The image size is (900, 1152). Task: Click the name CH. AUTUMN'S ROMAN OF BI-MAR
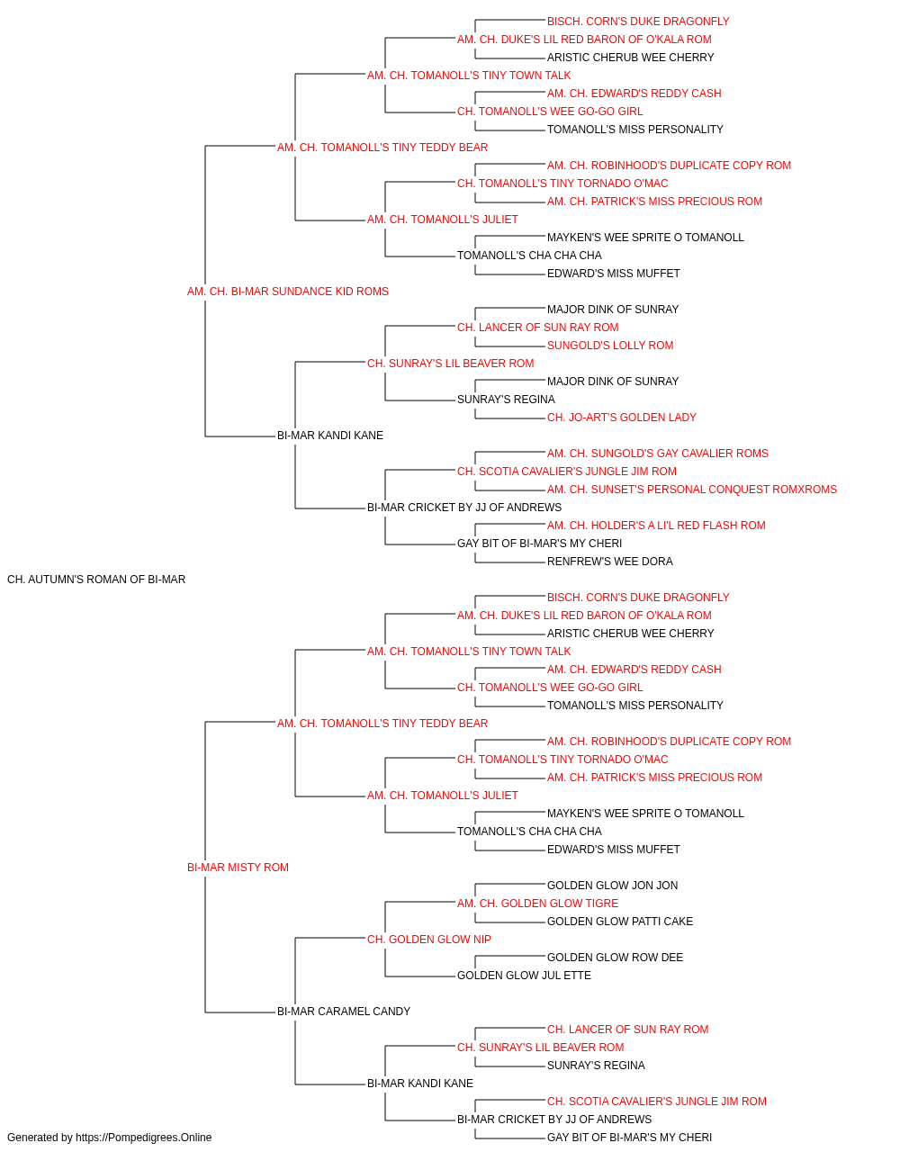[96, 580]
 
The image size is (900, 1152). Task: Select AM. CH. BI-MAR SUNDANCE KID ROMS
[288, 292]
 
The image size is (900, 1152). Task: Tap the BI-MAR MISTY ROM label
[238, 868]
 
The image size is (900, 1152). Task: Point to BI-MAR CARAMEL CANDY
[344, 1012]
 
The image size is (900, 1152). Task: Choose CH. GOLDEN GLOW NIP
[429, 940]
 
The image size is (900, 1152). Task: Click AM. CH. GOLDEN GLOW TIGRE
[537, 904]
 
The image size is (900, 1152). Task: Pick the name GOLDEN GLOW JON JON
[612, 886]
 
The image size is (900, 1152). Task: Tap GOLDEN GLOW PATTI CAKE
[619, 922]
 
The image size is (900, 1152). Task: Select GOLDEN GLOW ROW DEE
[615, 958]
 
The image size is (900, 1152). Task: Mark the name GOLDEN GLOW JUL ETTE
[524, 976]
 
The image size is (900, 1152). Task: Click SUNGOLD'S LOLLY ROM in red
[610, 346]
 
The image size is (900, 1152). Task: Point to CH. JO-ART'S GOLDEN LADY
[622, 418]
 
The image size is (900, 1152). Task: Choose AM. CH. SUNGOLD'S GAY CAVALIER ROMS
[658, 454]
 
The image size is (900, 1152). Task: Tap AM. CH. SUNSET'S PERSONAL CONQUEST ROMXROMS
[692, 490]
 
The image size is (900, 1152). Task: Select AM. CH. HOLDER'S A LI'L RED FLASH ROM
[656, 526]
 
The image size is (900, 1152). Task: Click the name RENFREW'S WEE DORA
[609, 562]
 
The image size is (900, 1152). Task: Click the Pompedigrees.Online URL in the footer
[143, 1138]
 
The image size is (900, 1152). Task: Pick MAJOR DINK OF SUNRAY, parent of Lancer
[613, 310]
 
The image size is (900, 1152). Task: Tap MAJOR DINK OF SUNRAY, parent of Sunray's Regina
[613, 382]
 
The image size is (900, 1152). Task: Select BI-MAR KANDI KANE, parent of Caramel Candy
[420, 1084]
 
